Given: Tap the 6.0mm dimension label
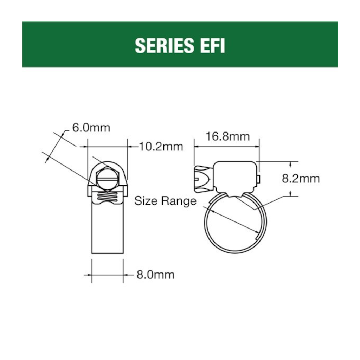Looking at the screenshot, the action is (x=91, y=128).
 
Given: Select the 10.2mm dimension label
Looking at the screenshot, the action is (x=161, y=147).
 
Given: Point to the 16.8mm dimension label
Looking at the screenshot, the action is (x=227, y=136).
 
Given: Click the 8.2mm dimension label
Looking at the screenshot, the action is (x=301, y=179).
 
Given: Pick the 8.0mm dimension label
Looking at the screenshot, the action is (x=155, y=275).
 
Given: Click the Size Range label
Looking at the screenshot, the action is (x=165, y=201).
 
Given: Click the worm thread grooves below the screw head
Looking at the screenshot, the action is (x=108, y=197).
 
